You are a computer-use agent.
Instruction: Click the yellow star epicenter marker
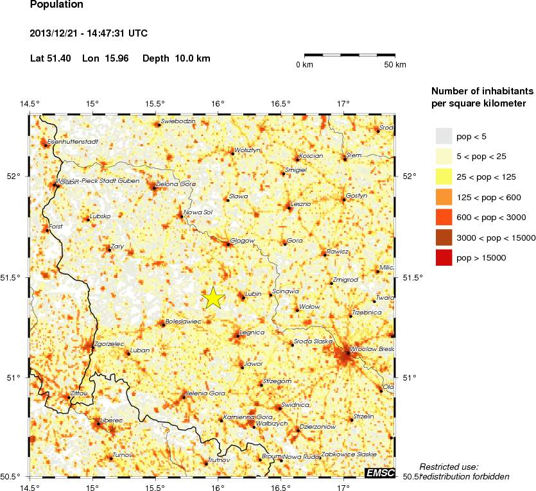214,297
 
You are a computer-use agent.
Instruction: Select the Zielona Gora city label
177,184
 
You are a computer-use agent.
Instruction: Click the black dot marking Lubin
243,297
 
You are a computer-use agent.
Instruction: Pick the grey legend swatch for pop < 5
444,136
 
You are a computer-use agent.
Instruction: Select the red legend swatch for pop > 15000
444,258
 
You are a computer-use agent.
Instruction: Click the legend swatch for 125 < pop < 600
444,197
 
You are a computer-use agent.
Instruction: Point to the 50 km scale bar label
395,65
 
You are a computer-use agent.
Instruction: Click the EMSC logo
379,473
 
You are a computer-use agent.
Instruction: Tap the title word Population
56,5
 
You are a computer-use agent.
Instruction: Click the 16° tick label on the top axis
218,104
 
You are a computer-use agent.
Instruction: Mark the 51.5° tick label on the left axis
14,277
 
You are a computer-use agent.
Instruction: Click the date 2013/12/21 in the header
58,33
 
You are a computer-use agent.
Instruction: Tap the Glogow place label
243,241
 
